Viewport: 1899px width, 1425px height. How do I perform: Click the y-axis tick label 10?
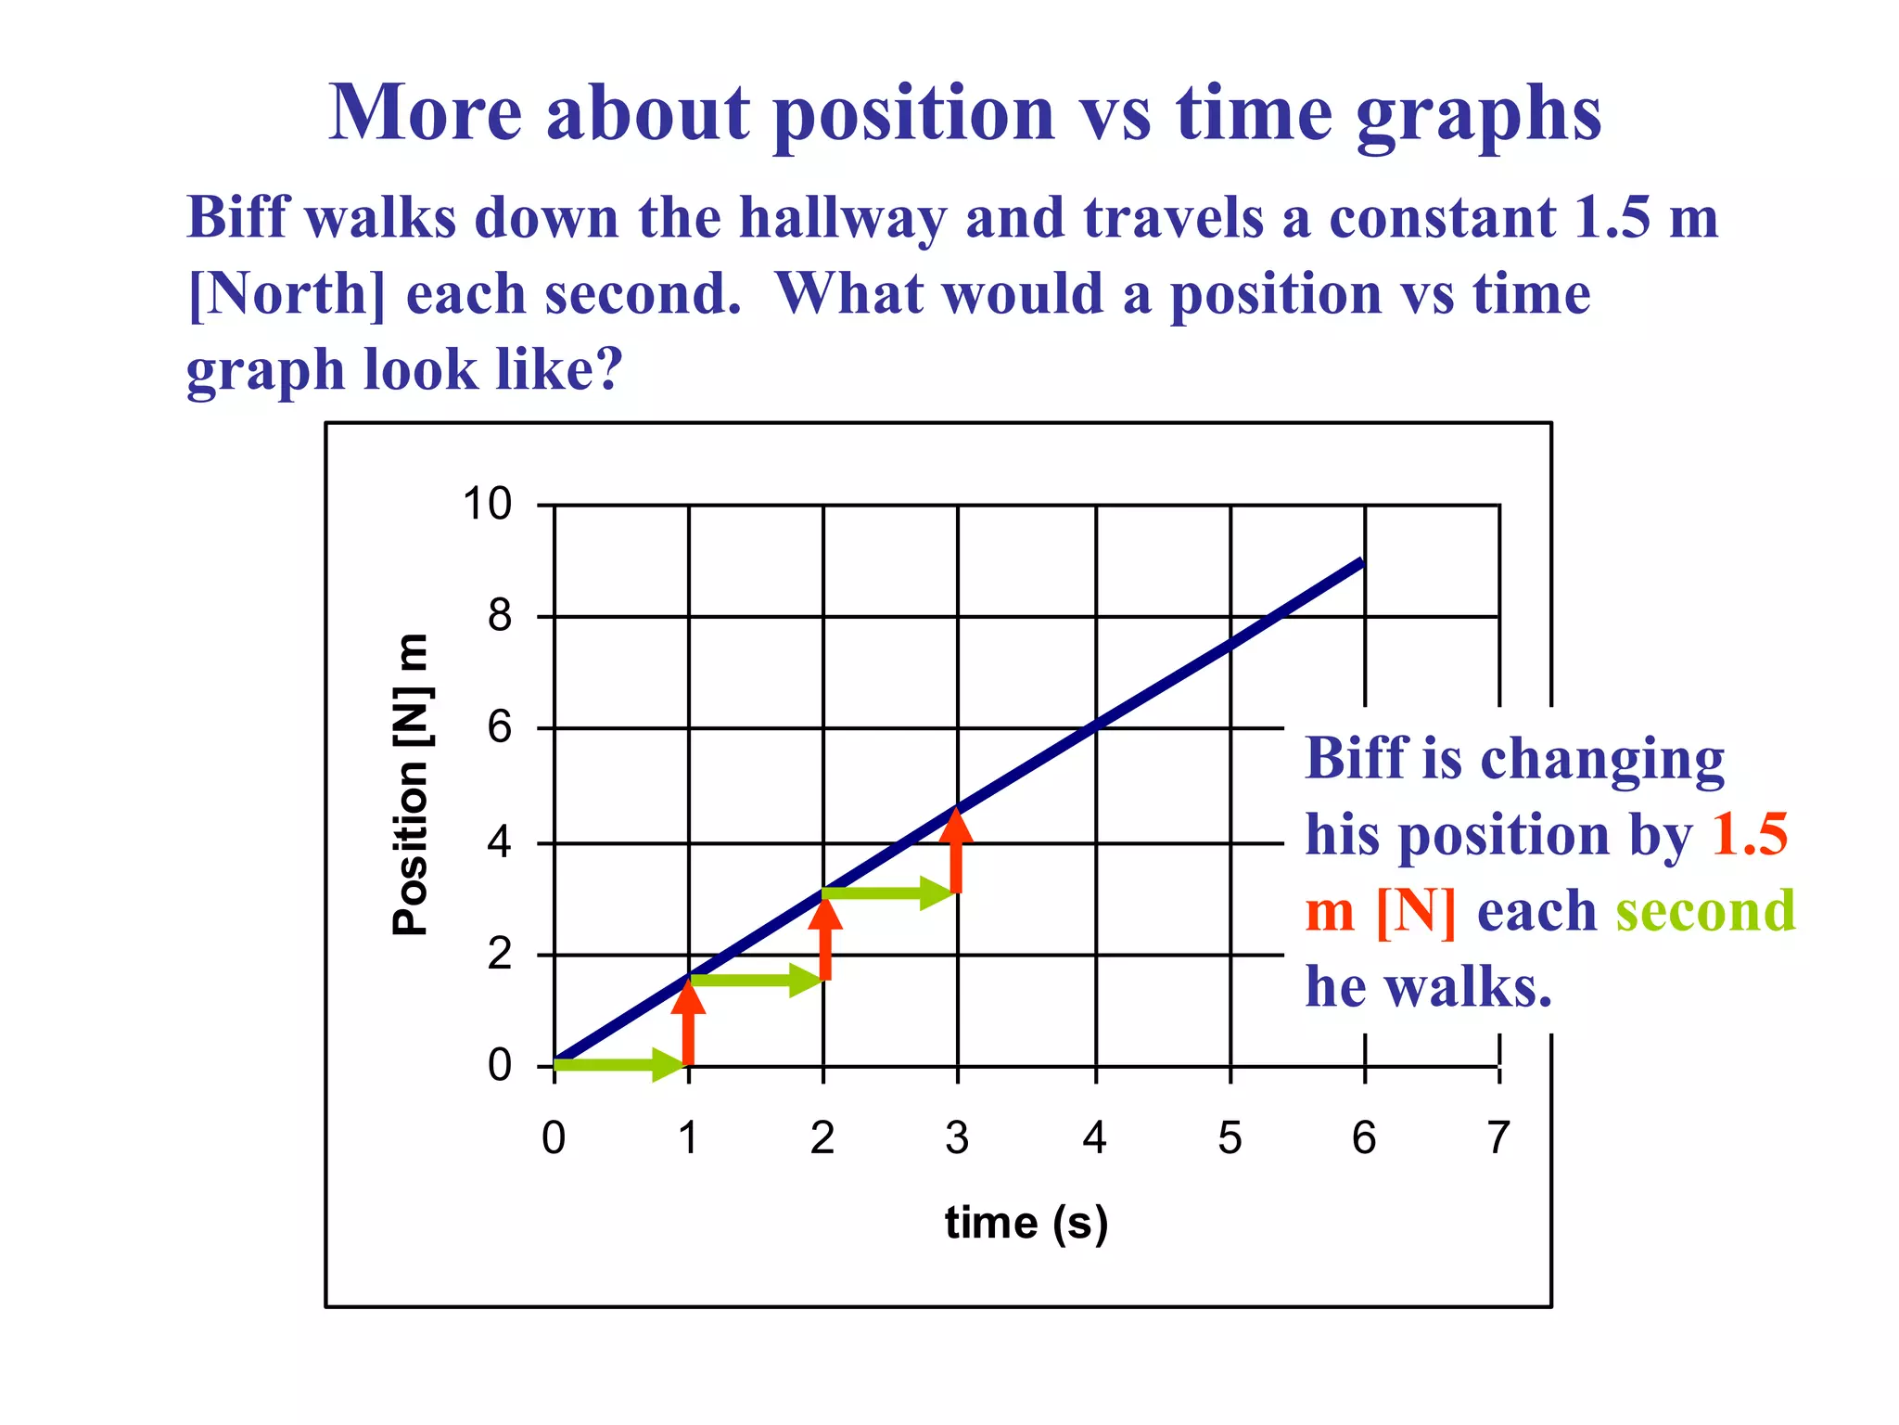(x=487, y=506)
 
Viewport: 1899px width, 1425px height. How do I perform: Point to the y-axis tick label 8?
(x=499, y=616)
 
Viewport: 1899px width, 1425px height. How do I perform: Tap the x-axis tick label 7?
(x=1498, y=1138)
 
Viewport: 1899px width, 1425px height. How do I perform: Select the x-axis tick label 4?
(x=1094, y=1138)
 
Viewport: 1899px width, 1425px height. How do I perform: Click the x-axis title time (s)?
(x=1026, y=1223)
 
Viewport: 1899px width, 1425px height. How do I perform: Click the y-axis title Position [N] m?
(x=411, y=785)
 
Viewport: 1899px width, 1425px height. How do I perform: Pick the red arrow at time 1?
(x=688, y=1021)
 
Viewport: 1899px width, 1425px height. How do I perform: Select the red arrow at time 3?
(x=957, y=852)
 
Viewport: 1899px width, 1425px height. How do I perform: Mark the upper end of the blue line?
(x=1360, y=562)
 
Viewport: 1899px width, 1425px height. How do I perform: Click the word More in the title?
(x=426, y=113)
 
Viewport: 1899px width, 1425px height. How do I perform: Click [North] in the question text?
(x=286, y=295)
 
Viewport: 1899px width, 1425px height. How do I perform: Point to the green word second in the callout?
(x=1705, y=911)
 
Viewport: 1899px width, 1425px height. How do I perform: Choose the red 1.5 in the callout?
(x=1749, y=834)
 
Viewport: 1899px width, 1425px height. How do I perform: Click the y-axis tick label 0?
(x=499, y=1067)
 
